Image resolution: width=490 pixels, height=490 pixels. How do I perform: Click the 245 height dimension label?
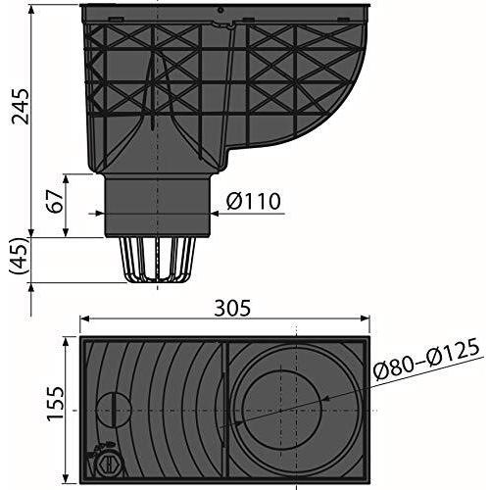coord(21,106)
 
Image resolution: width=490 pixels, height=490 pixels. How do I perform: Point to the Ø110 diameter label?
coord(253,201)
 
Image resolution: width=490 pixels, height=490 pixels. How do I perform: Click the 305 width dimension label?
coord(232,308)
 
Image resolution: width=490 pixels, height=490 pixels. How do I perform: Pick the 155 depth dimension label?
coord(55,404)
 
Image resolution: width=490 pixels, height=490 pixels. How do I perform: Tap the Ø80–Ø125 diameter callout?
coord(427,359)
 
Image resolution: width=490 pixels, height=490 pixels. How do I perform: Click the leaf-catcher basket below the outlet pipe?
coord(158,260)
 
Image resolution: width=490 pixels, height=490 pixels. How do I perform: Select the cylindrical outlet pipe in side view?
coord(158,206)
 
